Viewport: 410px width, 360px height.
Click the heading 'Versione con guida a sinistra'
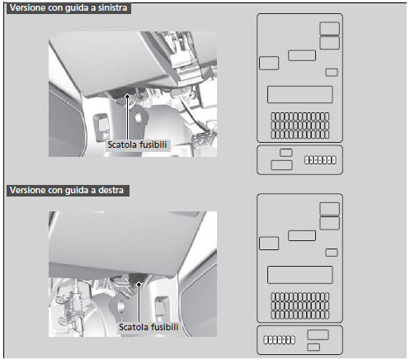click(x=68, y=8)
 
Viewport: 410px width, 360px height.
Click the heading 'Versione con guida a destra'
click(x=67, y=190)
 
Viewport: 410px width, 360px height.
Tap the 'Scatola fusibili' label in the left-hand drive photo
click(x=137, y=144)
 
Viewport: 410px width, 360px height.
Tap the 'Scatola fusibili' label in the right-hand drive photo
click(x=148, y=327)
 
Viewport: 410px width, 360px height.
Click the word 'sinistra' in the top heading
click(x=113, y=7)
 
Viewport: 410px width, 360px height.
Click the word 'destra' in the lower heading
click(x=111, y=190)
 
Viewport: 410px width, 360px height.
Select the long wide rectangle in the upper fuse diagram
click(x=299, y=94)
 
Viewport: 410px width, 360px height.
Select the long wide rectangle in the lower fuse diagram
click(x=299, y=275)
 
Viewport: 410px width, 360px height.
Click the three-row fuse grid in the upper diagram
click(x=300, y=126)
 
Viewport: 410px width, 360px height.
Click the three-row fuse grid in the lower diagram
click(x=300, y=306)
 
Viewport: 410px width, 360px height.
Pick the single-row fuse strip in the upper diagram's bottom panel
click(x=320, y=160)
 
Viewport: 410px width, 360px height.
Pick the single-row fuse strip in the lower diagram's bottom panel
click(x=280, y=340)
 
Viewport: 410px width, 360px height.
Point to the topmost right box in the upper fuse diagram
click(x=329, y=29)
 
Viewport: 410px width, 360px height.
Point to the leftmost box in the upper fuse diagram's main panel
click(x=269, y=63)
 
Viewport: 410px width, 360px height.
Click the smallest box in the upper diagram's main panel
click(x=332, y=73)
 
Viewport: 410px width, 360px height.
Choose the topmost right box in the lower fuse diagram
click(x=329, y=209)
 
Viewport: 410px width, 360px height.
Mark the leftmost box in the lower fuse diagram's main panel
click(x=269, y=244)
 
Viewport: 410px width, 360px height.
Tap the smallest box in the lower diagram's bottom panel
click(x=313, y=347)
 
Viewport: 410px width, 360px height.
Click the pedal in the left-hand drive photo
click(x=200, y=140)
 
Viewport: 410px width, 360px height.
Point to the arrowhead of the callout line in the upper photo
click(x=127, y=97)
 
